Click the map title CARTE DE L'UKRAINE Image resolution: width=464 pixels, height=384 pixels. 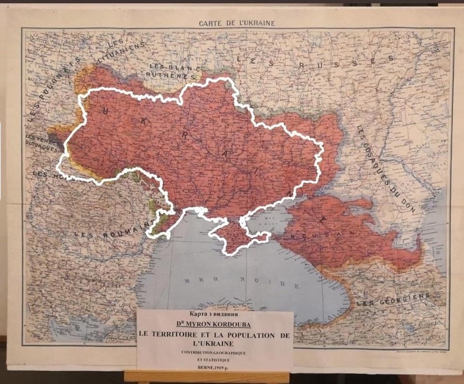(237, 23)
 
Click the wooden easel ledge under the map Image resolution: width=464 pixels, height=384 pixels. (206, 376)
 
